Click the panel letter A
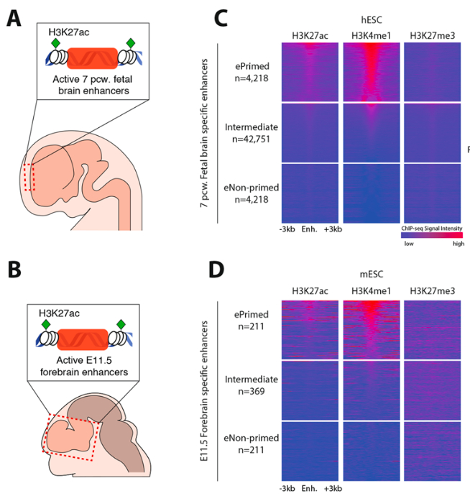tap(14, 19)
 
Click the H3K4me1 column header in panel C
tap(372, 36)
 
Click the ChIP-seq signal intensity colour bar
tap(431, 235)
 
